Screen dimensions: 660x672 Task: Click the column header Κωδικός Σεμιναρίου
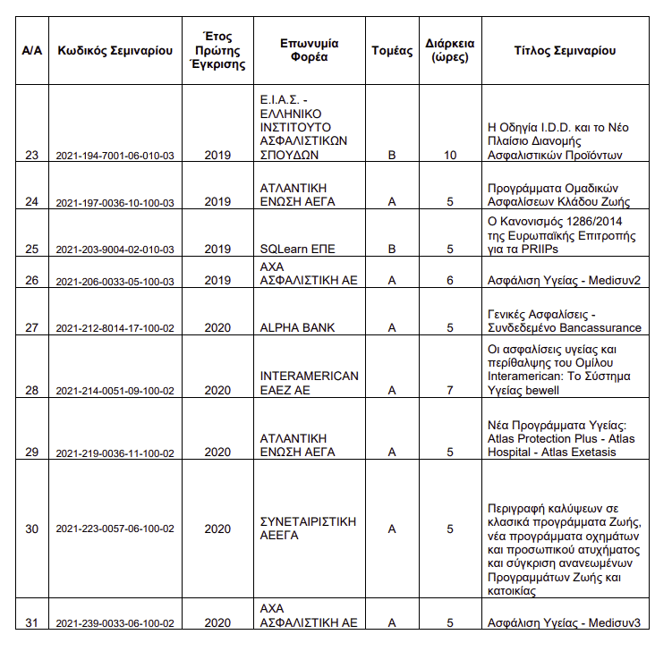[115, 51]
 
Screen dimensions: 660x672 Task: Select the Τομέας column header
[391, 51]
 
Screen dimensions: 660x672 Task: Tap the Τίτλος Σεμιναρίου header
[565, 51]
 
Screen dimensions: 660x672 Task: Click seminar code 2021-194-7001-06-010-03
[115, 156]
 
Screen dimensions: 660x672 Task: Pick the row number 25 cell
[32, 249]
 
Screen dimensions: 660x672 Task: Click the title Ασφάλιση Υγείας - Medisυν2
[564, 281]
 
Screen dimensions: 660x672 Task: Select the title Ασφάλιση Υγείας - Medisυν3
[564, 622]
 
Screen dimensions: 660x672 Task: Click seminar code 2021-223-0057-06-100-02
[115, 529]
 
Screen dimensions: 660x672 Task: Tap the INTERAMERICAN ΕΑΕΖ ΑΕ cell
[309, 383]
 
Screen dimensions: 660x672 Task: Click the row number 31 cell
[32, 622]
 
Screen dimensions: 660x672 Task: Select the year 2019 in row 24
[217, 201]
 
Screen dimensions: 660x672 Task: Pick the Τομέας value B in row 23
[391, 156]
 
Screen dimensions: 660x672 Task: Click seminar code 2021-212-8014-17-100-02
[115, 328]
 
